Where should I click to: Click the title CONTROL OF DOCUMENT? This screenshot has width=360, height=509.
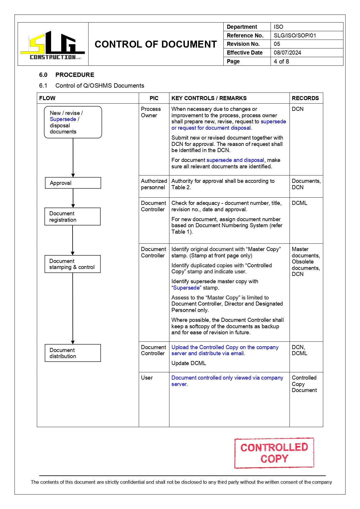click(155, 44)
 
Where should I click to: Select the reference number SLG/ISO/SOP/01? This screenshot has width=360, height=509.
click(295, 35)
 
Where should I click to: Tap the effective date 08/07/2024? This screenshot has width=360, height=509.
click(287, 53)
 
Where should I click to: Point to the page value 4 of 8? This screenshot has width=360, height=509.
click(281, 61)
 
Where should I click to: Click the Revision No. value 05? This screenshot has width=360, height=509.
click(277, 44)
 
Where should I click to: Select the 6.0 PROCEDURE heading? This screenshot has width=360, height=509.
click(67, 75)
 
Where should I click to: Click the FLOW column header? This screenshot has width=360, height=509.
click(47, 98)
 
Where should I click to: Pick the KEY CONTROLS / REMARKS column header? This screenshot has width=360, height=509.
click(209, 98)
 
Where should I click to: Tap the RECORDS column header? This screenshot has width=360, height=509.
click(305, 98)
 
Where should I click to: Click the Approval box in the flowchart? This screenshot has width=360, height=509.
click(73, 183)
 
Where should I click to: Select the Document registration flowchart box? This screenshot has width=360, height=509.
click(73, 216)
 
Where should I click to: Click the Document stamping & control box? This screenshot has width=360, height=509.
click(73, 264)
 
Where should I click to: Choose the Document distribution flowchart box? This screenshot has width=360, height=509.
click(73, 353)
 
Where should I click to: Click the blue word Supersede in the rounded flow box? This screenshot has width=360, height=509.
click(63, 119)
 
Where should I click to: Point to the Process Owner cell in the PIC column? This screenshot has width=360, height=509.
click(151, 112)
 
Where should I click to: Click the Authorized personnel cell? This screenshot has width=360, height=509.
click(154, 184)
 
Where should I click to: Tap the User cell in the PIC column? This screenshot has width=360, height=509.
click(147, 378)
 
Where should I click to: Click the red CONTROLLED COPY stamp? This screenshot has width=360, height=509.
click(274, 453)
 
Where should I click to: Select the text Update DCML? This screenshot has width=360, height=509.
click(189, 363)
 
